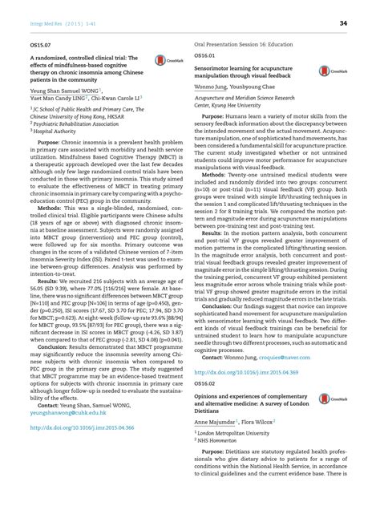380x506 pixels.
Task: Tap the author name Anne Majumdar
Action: pyautogui.click(x=219, y=421)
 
